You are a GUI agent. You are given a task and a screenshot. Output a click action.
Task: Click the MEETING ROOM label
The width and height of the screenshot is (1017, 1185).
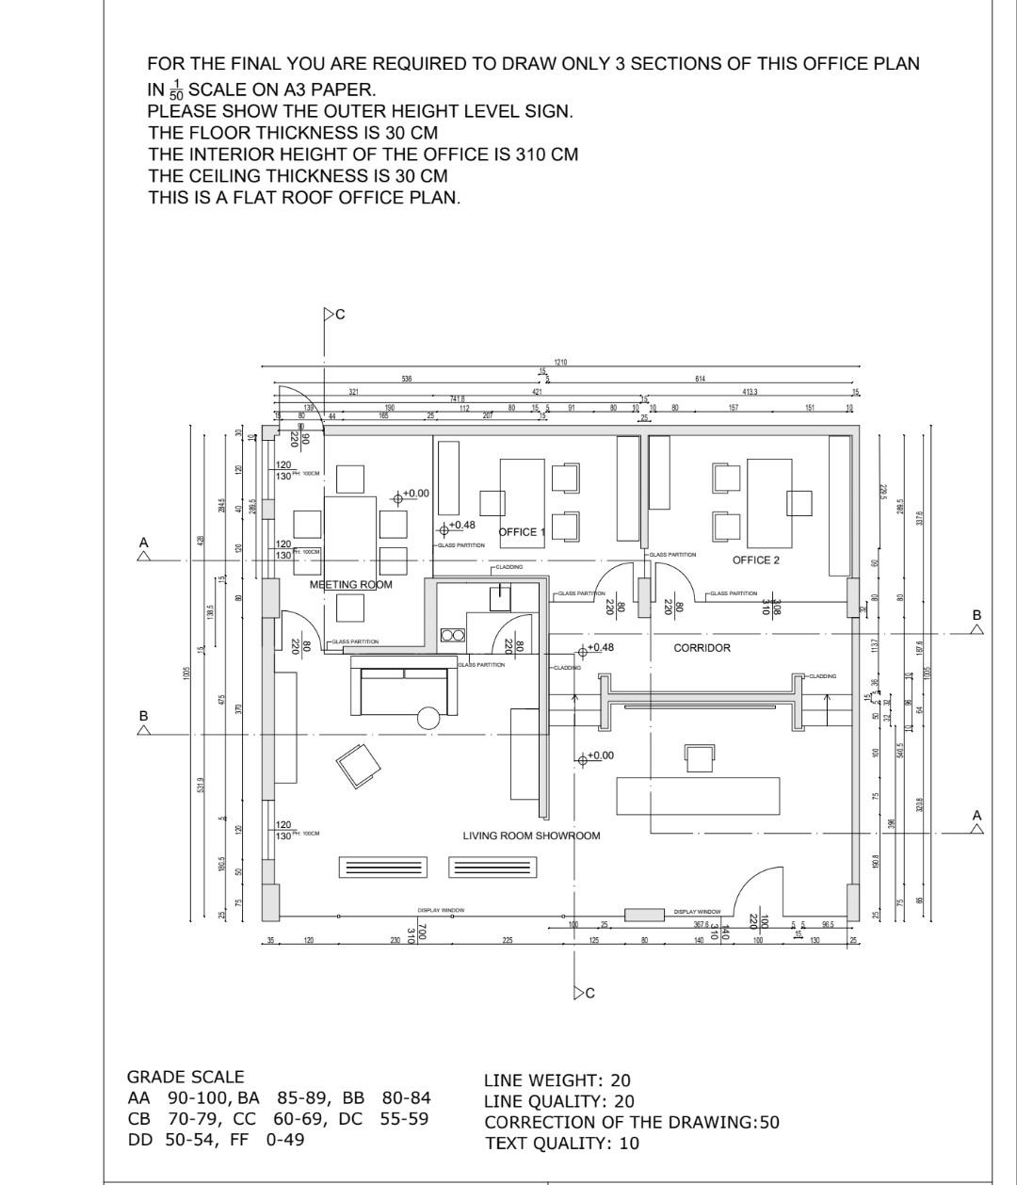(350, 585)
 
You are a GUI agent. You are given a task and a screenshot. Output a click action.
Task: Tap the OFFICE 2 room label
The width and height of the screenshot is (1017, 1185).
(756, 560)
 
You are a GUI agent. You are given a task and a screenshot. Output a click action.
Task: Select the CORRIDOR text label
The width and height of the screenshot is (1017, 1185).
(702, 648)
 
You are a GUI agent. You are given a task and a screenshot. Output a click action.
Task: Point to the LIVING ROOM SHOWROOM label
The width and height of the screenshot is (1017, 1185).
(531, 836)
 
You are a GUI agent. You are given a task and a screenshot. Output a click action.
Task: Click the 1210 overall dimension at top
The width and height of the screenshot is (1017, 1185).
(560, 362)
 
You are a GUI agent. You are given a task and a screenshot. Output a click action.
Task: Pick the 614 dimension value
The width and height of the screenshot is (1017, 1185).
(701, 379)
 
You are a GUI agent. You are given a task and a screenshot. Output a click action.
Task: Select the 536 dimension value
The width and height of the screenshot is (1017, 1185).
(406, 379)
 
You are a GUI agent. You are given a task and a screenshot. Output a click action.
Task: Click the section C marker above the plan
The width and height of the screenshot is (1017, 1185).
(331, 315)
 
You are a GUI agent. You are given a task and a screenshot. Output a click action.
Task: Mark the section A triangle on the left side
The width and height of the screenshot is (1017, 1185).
(143, 555)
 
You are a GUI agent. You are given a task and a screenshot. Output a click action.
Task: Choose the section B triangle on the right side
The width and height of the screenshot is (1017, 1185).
(977, 627)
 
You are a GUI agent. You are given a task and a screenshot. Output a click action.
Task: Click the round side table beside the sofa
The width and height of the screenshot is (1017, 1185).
(428, 718)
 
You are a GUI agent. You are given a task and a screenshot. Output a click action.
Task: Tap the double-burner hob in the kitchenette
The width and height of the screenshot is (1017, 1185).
(452, 635)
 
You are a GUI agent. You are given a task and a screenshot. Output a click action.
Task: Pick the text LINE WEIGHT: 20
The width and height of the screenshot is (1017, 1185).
(557, 1080)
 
